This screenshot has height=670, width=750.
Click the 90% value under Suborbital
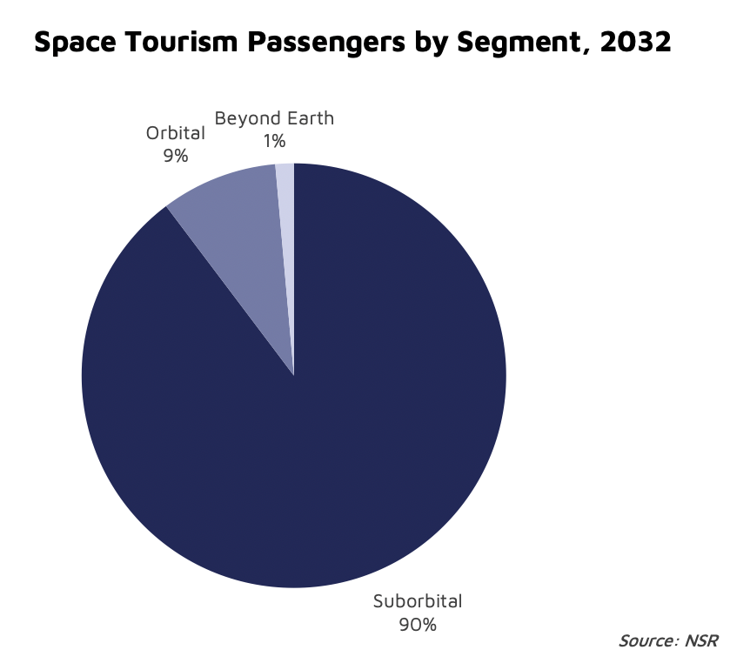418,624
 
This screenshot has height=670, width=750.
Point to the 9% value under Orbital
175,156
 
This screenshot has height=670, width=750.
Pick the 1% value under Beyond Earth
274,140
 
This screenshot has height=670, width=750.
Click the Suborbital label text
418,600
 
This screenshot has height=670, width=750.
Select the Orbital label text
175,133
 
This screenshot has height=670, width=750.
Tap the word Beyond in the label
244,118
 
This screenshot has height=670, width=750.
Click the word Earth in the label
306,118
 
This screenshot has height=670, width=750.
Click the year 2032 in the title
640,43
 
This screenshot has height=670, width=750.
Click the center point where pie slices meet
294,376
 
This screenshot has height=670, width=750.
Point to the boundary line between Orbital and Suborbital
230,291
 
